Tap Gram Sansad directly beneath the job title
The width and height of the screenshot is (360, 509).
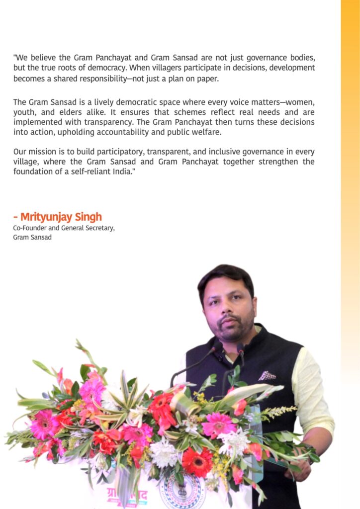[32, 237]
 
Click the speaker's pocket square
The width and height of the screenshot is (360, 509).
[268, 375]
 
